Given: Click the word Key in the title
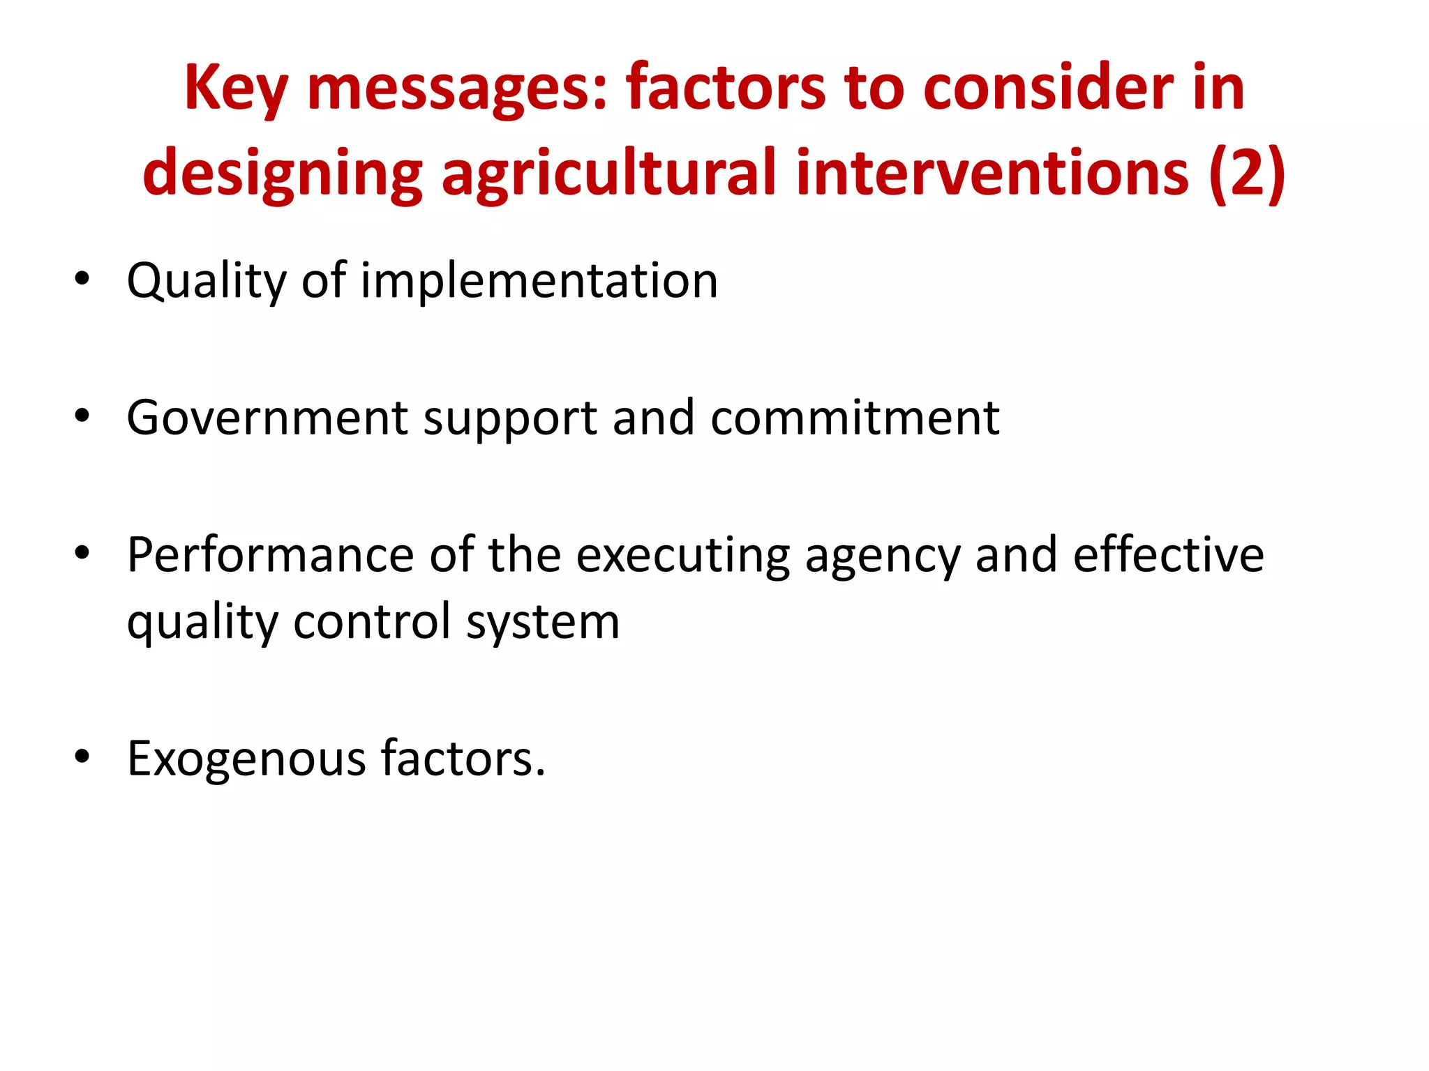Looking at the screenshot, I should tap(235, 89).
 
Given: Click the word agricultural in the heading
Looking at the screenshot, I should tap(608, 174).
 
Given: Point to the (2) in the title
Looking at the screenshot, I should tap(1247, 174).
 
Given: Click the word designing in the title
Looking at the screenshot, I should tap(283, 174).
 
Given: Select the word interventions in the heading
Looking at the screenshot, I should tap(992, 174).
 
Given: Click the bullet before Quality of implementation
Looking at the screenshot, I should tap(82, 279).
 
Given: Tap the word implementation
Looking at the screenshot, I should tap(539, 281).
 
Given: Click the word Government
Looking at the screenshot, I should tap(267, 418).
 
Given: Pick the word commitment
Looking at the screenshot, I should tap(855, 418).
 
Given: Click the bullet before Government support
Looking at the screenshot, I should tap(82, 416).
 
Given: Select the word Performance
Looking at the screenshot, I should tap(271, 555).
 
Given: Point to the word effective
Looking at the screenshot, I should tap(1168, 555).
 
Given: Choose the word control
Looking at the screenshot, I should tap(372, 621).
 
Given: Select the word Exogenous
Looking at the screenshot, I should tap(246, 759).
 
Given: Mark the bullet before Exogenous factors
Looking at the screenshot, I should tap(82, 757).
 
